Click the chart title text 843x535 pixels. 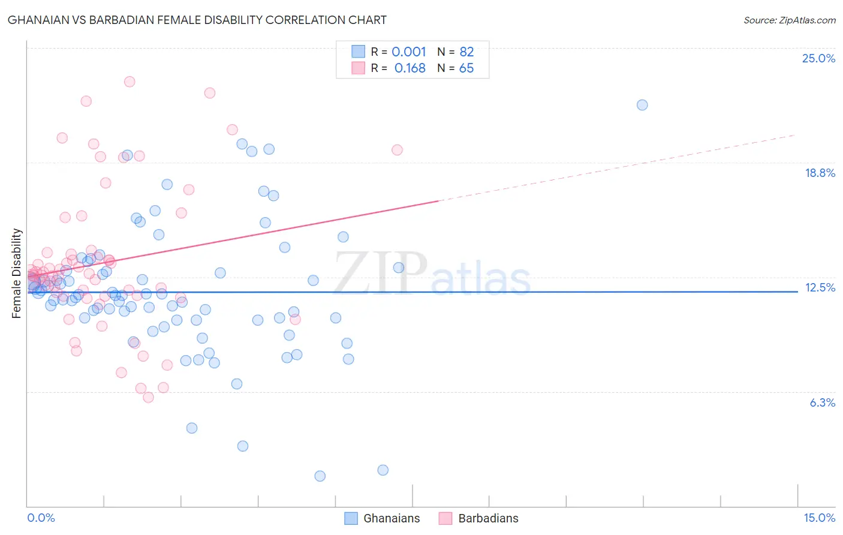pyautogui.click(x=197, y=20)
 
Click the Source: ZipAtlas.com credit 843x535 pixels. pyautogui.click(x=789, y=20)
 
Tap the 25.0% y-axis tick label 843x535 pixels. pyautogui.click(x=818, y=58)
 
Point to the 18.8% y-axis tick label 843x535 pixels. pyautogui.click(x=820, y=173)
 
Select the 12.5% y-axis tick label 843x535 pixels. pyautogui.click(x=820, y=287)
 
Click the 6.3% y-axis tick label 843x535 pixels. pyautogui.click(x=822, y=402)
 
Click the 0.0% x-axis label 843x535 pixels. pyautogui.click(x=41, y=518)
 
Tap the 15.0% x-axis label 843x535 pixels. pyautogui.click(x=819, y=518)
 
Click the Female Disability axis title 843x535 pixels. pyautogui.click(x=17, y=273)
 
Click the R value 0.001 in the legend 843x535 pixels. pyautogui.click(x=409, y=52)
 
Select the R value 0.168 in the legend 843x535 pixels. pyautogui.click(x=410, y=68)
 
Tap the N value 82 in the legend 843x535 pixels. pyautogui.click(x=466, y=52)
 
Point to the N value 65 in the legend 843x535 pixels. pyautogui.click(x=466, y=68)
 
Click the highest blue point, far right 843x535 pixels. pyautogui.click(x=642, y=105)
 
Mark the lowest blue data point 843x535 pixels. pyautogui.click(x=320, y=476)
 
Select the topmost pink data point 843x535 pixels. pyautogui.click(x=130, y=82)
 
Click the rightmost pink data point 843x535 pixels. pyautogui.click(x=397, y=150)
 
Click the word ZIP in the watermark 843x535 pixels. pyautogui.click(x=380, y=273)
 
